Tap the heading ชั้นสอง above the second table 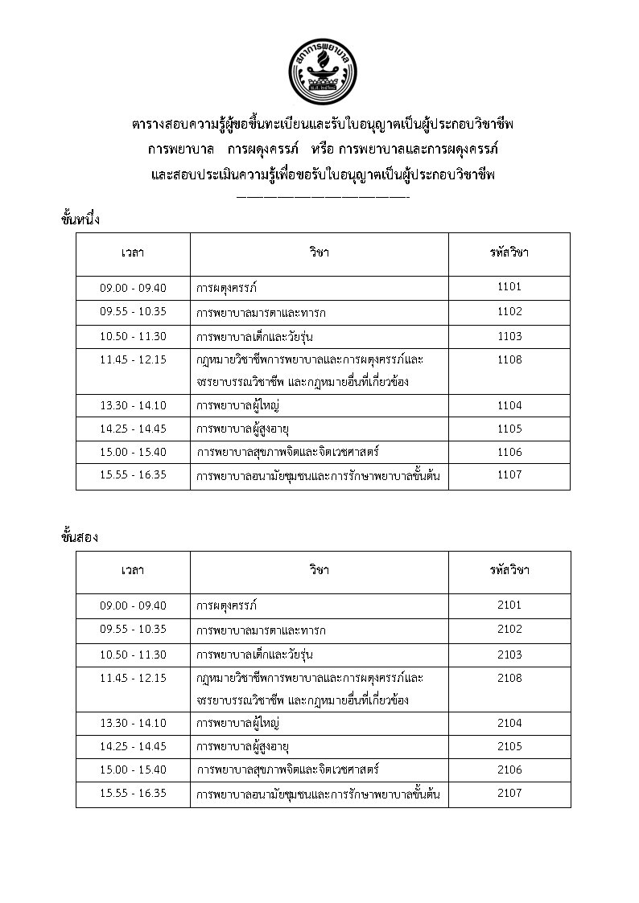[80, 537]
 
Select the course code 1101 [509, 287]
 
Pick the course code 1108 [509, 359]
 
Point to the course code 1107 [509, 474]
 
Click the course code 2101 [509, 605]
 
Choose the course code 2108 [509, 678]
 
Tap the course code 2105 [509, 745]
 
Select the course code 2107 [509, 793]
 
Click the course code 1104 [509, 406]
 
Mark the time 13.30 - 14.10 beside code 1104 [133, 406]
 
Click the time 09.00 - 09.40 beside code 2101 [133, 605]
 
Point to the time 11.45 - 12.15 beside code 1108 [133, 359]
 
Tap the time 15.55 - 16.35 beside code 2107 [133, 793]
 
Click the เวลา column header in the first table [133, 252]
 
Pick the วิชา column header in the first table [319, 252]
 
